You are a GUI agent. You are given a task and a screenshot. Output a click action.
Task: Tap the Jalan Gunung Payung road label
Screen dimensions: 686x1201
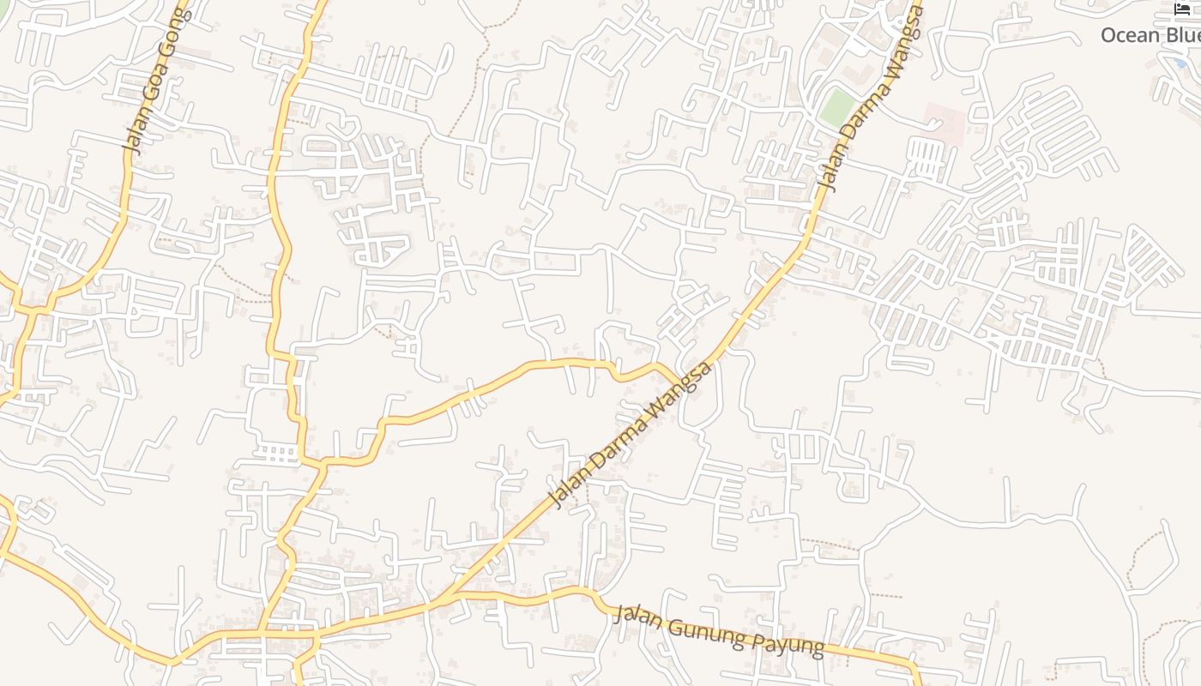tap(720, 631)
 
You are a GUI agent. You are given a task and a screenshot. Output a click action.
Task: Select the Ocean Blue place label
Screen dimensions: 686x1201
tap(1150, 35)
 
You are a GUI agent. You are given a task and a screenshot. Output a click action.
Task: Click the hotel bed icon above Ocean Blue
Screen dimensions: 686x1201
tap(1182, 9)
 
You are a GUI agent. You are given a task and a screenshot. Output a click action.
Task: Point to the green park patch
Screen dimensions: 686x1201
tap(836, 108)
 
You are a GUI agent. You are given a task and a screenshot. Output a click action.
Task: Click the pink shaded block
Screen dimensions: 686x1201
tap(944, 121)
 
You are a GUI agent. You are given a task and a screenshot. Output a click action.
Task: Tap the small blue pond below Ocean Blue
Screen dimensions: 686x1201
tap(1180, 63)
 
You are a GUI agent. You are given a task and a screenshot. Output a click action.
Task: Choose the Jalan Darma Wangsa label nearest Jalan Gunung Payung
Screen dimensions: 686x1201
tap(629, 435)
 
